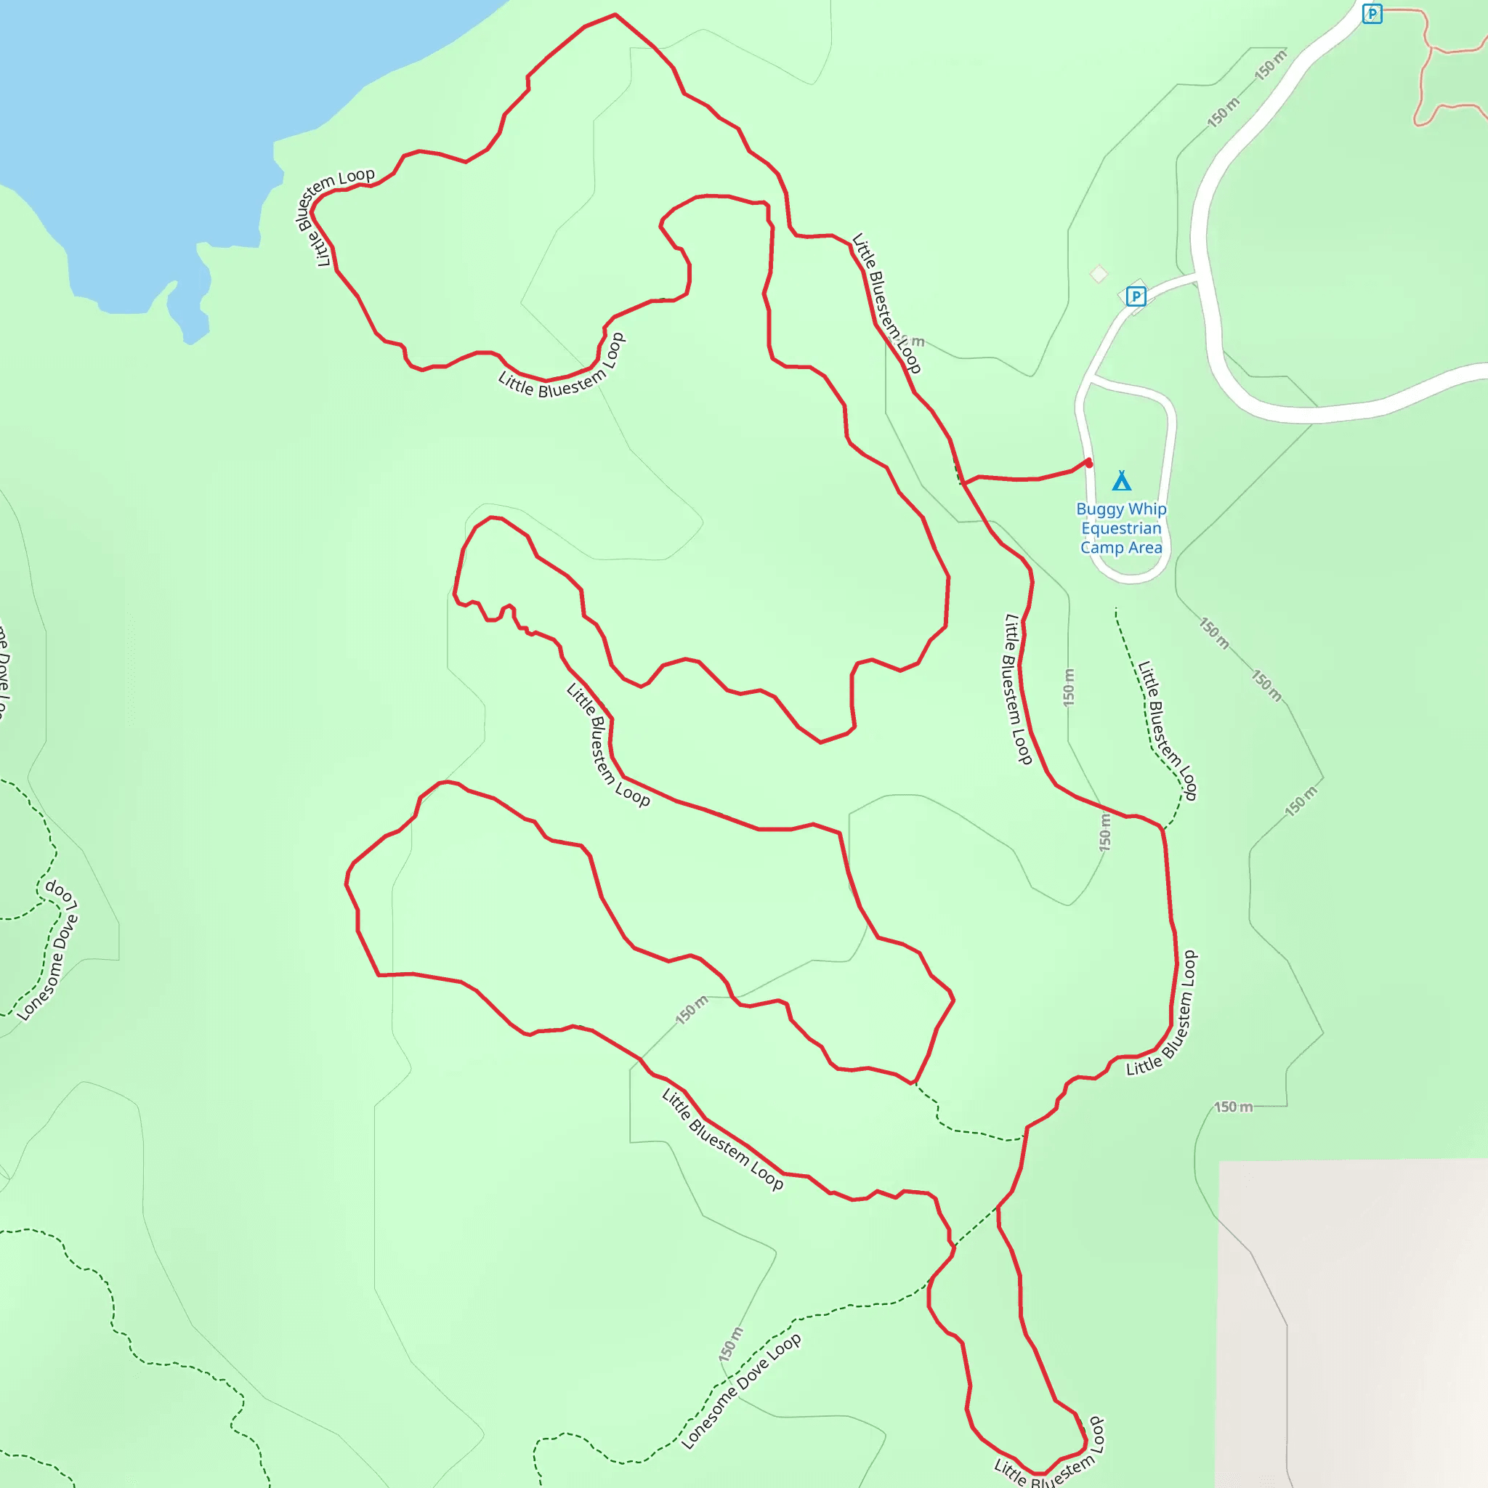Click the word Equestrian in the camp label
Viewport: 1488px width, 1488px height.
click(1121, 528)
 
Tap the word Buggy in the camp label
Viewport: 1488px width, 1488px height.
click(1100, 509)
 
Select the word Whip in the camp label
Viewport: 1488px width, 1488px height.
click(1147, 509)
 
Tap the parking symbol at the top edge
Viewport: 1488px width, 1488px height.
click(1372, 14)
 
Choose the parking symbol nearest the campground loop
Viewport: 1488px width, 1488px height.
click(1136, 296)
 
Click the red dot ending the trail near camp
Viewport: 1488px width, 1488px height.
click(1088, 463)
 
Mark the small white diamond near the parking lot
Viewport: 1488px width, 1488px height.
click(1099, 273)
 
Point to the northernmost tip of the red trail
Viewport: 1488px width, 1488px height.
click(615, 15)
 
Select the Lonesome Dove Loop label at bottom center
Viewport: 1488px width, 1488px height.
click(741, 1391)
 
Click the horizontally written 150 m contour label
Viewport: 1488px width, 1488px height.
click(1233, 1107)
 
